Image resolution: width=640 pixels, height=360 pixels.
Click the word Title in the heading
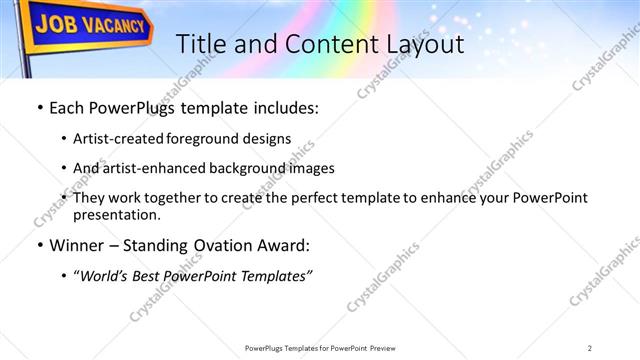point(200,44)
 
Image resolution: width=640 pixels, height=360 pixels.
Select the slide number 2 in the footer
point(589,347)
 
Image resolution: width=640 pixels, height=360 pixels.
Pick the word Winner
point(74,245)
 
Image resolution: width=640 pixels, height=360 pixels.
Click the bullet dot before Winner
point(38,245)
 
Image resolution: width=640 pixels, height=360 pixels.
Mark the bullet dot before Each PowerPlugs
point(38,108)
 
